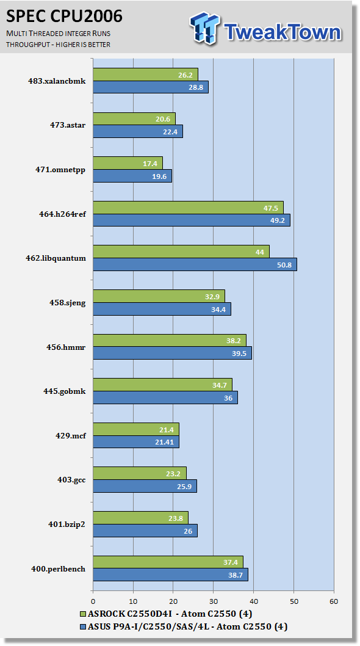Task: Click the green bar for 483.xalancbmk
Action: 145,74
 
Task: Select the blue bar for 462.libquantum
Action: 195,264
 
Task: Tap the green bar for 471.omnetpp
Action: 128,163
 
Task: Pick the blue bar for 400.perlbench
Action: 170,575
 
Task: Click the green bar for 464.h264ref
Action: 189,208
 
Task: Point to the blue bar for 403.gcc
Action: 145,486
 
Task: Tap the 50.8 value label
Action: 284,265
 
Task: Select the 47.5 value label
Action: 271,208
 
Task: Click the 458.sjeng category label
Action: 68,303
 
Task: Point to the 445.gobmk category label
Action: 65,391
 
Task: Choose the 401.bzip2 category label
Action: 67,524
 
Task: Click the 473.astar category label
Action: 68,125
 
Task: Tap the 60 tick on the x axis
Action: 334,601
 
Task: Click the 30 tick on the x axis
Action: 214,601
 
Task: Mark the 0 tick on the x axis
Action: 93,601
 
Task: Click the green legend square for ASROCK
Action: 82,614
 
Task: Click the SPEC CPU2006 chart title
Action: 64,16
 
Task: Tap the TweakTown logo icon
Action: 205,28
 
